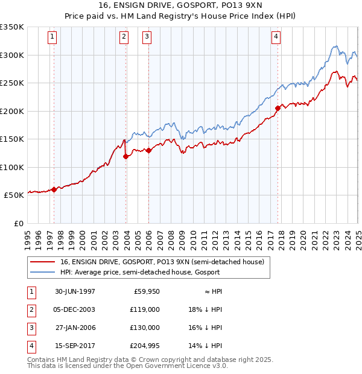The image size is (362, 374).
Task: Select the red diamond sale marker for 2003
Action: coord(126,156)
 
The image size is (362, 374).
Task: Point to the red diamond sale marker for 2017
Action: coord(278,109)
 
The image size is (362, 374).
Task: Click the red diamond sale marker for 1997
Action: coord(54,189)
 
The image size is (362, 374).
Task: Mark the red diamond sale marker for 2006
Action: coord(148,150)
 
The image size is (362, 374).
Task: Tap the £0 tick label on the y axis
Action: coord(19,223)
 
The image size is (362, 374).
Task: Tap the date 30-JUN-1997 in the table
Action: coord(75,291)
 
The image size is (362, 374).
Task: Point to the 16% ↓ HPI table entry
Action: coord(205,328)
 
